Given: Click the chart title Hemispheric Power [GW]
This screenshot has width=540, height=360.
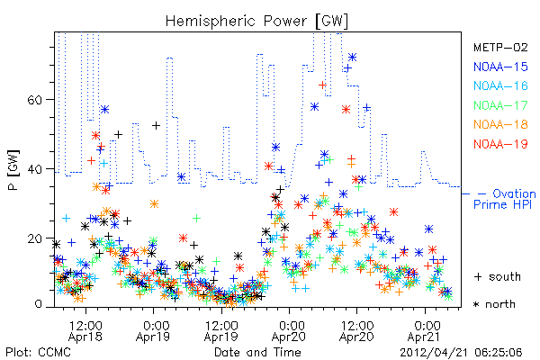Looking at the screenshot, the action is pos(256,22).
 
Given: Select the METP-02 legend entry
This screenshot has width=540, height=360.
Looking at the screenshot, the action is pos(500,47).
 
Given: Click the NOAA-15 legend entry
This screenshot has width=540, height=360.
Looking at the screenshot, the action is pos(500,67).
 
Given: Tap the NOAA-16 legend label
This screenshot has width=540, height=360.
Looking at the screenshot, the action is pos(500,85).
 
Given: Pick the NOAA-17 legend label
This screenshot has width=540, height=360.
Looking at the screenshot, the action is pos(500,105).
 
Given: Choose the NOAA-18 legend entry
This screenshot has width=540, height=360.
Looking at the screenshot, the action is pos(500,124).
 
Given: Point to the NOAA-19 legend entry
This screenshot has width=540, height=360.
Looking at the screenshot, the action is pos(500,144).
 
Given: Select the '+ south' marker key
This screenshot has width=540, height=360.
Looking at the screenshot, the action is pos(498,276).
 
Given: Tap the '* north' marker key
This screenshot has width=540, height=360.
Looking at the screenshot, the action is pos(494,304).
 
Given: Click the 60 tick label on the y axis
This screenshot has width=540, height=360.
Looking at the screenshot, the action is pos(34,100).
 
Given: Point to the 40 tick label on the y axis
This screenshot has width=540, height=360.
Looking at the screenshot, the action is pos(34,169).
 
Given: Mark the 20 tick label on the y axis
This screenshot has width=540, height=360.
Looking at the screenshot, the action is pos(34,238).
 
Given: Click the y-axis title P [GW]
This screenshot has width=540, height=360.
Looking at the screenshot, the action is pos(13,170).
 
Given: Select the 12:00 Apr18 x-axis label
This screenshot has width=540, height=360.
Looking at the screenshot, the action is pos(85,331).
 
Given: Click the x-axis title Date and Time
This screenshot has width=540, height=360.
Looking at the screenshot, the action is pos(257,353).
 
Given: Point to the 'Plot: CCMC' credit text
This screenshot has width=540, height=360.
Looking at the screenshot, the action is pos(38,353).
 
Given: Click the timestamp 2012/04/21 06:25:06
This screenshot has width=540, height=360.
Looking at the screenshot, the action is pos(461,353).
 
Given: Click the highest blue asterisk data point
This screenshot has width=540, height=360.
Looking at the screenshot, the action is pos(352,58).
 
